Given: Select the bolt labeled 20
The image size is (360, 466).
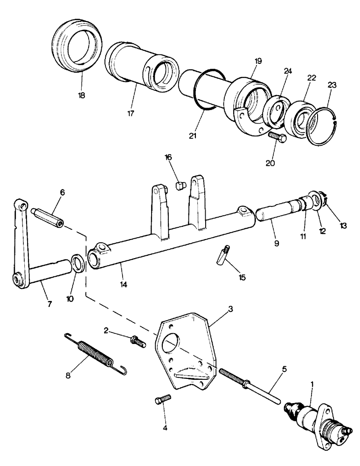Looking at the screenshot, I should (277, 137).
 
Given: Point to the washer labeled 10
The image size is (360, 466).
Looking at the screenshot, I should (78, 263).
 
